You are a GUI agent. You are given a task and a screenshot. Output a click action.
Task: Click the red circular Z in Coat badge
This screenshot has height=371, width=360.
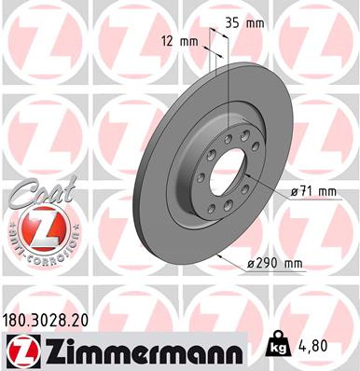pos(39,227)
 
